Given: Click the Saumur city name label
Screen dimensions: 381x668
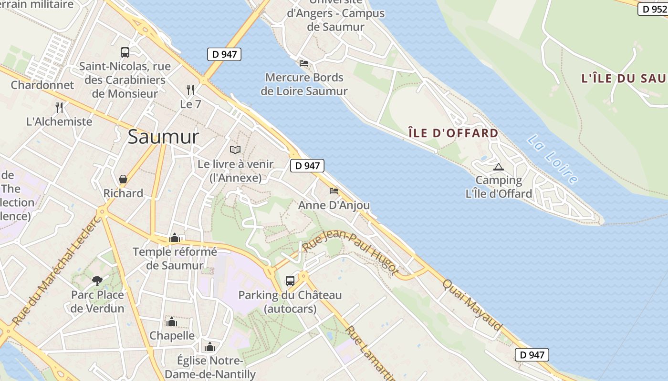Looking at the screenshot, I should click(163, 137).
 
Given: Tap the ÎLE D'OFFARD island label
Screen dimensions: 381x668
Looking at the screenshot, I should click(453, 133).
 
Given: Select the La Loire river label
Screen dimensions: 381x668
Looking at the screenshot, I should click(553, 160).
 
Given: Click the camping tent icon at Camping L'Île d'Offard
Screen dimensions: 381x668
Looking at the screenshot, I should click(499, 167).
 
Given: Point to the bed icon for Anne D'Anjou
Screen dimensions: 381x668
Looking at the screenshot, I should click(334, 191).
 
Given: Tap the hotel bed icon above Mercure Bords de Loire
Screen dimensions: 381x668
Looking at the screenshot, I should click(304, 63).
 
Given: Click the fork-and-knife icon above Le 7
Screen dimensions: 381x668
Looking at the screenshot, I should click(190, 90).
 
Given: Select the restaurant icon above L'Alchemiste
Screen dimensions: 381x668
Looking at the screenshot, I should click(59, 107).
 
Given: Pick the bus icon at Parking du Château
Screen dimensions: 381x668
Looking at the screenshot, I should click(290, 281).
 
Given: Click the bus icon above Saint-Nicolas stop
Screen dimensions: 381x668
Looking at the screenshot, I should click(125, 52).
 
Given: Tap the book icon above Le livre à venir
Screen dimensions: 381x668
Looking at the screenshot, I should click(235, 150).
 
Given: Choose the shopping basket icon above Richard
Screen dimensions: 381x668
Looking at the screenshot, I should click(123, 179).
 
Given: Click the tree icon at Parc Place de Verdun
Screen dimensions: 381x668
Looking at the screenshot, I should click(97, 281).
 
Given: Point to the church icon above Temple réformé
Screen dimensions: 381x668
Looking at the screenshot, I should click(175, 238).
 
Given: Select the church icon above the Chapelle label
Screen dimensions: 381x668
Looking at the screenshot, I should click(172, 322).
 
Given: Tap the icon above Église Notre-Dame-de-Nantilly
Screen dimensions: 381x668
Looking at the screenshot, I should click(210, 347).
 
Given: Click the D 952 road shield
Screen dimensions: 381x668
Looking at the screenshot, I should click(653, 9).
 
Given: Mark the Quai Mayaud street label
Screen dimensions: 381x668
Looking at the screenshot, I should click(472, 305).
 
